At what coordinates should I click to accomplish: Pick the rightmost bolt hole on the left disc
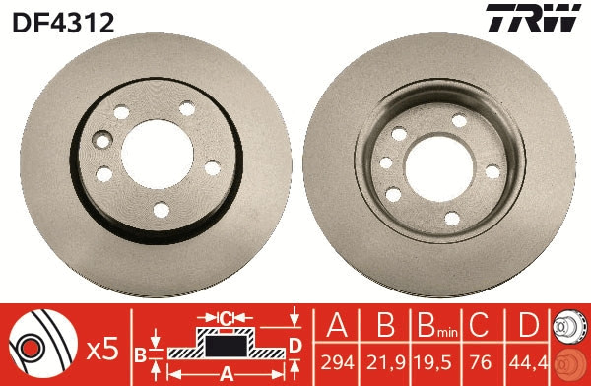click(x=212, y=168)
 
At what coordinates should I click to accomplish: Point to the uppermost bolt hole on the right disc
click(x=459, y=121)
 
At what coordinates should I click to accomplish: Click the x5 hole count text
click(x=102, y=348)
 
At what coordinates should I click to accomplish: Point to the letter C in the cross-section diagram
click(x=225, y=318)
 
